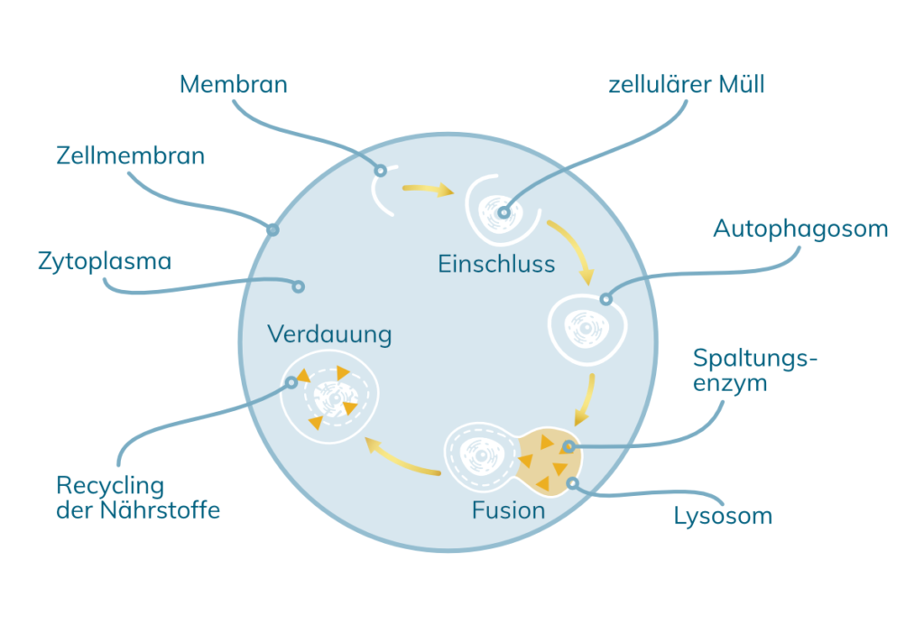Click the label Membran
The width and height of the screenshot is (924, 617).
234,85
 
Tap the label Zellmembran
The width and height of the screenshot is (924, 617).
130,156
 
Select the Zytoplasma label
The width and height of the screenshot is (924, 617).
105,263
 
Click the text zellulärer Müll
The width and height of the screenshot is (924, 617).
687,85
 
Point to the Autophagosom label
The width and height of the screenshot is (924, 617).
800,229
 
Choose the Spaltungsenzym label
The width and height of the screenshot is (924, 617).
754,370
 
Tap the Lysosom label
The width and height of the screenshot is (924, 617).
723,517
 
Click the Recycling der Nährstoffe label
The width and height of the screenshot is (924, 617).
137,498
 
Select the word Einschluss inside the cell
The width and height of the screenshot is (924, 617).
496,265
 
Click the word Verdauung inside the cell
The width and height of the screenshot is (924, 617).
329,335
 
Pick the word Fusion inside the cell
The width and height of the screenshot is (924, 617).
508,510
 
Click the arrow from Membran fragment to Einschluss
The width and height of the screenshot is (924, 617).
427,190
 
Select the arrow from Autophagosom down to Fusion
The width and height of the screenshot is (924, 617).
586,397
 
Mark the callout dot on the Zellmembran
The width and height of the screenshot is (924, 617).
273,229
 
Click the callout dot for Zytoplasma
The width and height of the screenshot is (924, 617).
298,286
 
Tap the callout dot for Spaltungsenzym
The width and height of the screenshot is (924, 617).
568,446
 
